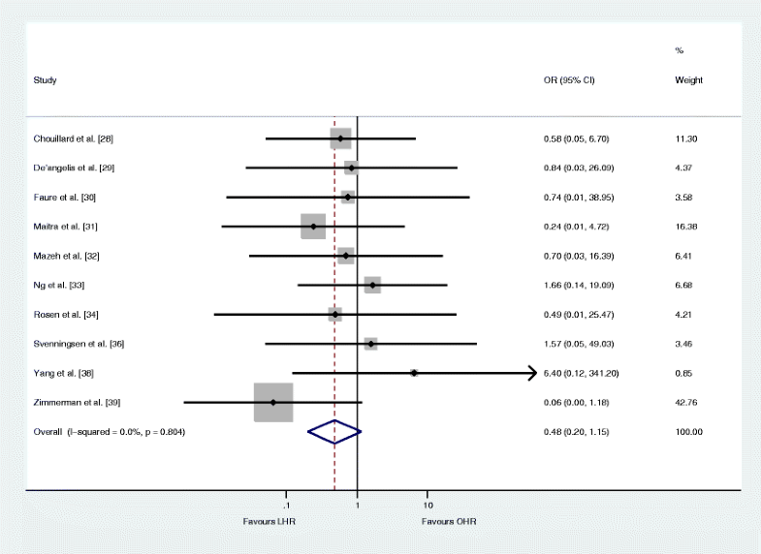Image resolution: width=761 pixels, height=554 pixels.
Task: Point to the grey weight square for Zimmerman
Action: (x=273, y=402)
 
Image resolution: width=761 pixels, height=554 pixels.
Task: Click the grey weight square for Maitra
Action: (x=313, y=227)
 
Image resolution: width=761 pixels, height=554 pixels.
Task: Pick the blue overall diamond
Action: (x=334, y=431)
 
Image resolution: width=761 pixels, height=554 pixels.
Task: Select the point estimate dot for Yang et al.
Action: (x=414, y=373)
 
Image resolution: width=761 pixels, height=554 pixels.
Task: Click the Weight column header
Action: (x=688, y=79)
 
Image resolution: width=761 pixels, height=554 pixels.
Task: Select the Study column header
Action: (x=45, y=79)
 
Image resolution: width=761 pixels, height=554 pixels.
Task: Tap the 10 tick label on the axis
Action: (x=428, y=506)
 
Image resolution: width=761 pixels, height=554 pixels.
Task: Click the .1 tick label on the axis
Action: (x=285, y=506)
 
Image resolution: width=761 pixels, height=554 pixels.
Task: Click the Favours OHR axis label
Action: (x=449, y=522)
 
